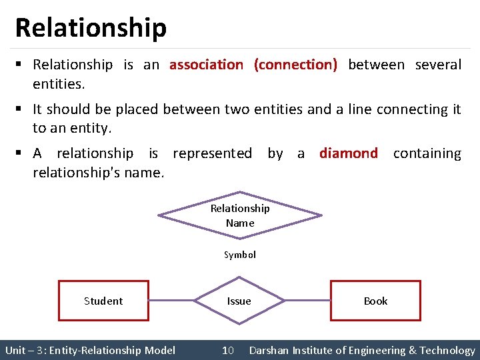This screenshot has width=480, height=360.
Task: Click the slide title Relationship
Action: click(x=91, y=28)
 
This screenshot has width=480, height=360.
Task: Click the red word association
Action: click(x=206, y=65)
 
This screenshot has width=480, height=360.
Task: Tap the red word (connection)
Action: click(x=295, y=65)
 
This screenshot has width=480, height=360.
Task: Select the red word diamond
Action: click(x=348, y=153)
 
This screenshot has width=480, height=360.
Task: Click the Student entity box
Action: click(x=103, y=301)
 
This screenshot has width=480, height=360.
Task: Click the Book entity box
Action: click(x=375, y=301)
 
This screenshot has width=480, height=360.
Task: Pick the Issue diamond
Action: click(x=239, y=301)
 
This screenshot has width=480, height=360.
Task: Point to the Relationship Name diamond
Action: click(x=239, y=215)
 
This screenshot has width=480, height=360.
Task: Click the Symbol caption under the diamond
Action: click(x=239, y=255)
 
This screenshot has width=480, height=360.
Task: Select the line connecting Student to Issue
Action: click(x=171, y=301)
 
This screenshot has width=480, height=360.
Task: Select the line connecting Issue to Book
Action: click(x=307, y=301)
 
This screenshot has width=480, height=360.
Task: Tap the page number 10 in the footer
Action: click(x=227, y=351)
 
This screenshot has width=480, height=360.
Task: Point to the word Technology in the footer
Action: click(x=447, y=351)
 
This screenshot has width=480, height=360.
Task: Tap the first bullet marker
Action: click(x=20, y=65)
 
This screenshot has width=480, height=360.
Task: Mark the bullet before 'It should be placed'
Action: click(x=20, y=109)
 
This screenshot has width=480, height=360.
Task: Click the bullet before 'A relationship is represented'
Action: click(x=20, y=153)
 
